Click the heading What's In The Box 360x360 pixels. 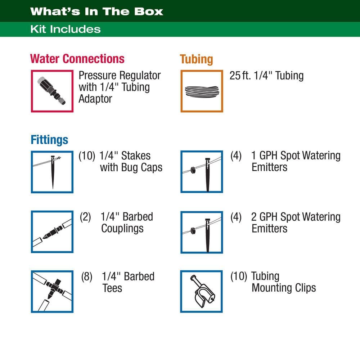coord(96,12)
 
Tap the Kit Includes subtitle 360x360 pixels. coord(66,29)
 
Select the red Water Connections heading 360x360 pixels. coord(77,59)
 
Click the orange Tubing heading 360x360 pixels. coord(196,59)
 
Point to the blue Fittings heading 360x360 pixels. coord(49,140)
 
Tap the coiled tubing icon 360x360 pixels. coord(202,91)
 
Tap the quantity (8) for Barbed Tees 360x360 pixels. coord(87,276)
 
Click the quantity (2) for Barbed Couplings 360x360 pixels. coord(85,217)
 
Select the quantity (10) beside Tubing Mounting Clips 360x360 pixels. coord(239,276)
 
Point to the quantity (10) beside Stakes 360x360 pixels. coord(87,156)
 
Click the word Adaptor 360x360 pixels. coord(95,99)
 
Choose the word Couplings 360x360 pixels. coord(122,229)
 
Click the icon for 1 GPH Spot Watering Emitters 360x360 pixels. coord(202,172)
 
